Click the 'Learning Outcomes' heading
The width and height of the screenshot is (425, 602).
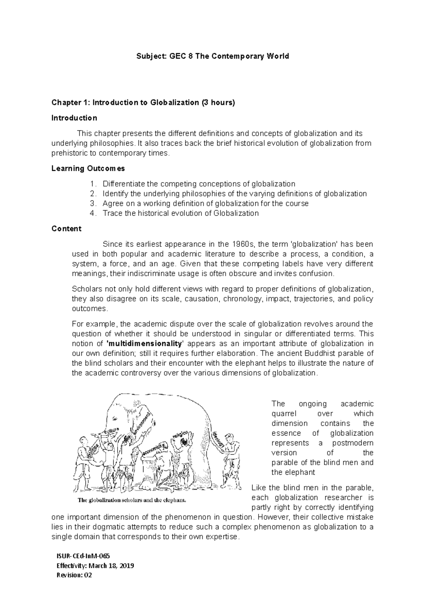pyautogui.click(x=88, y=168)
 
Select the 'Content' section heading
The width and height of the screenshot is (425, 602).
pyautogui.click(x=66, y=229)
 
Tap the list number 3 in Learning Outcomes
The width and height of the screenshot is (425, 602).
pyautogui.click(x=92, y=204)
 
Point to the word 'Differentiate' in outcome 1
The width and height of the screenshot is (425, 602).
pyautogui.click(x=124, y=184)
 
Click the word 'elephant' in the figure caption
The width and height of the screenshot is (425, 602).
pyautogui.click(x=174, y=501)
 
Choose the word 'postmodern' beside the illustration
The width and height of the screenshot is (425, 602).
pyautogui.click(x=353, y=443)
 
